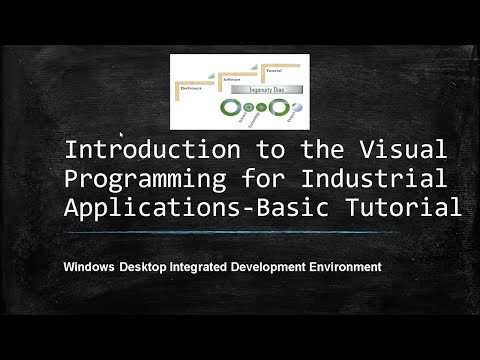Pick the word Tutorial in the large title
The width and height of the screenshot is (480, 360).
click(x=411, y=208)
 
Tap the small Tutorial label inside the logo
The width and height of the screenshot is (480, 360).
click(x=273, y=70)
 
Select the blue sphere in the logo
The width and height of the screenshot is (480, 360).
click(x=297, y=107)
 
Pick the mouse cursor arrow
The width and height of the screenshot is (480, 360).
click(x=122, y=134)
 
